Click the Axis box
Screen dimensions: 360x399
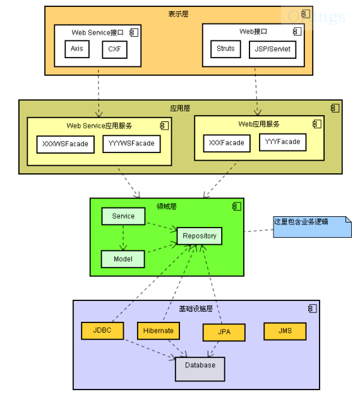coord(77,49)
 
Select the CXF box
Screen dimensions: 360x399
coord(115,49)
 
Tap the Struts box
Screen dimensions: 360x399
coord(225,49)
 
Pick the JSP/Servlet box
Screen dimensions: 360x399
coord(273,49)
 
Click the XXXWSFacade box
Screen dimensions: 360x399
coord(66,144)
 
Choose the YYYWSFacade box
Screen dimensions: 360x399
coord(132,144)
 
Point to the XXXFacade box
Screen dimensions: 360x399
coord(227,144)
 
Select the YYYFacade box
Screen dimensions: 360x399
coord(283,142)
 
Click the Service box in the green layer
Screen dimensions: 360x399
coord(123,216)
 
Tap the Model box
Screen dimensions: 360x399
coord(123,259)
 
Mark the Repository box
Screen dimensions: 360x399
coord(200,236)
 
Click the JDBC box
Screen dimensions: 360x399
coord(102,331)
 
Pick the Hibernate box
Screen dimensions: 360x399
coord(159,331)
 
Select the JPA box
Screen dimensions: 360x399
coord(224,333)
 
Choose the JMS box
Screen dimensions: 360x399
coord(285,331)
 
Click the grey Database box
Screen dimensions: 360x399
coord(200,369)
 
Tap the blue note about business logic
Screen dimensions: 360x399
coord(312,227)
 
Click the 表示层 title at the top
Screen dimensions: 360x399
coord(178,14)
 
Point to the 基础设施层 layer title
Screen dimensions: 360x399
coord(196,309)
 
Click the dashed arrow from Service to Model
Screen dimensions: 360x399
coord(123,238)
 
